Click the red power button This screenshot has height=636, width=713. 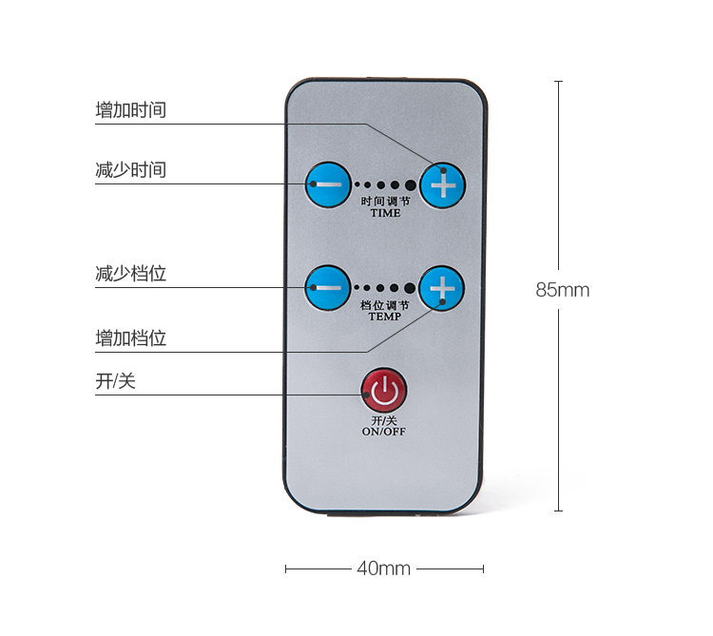(383, 390)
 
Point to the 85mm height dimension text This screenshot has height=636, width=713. (562, 290)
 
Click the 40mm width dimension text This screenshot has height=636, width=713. (383, 569)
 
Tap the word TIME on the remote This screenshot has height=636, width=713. (385, 213)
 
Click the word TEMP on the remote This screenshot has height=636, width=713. (385, 317)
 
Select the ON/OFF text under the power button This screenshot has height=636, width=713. (383, 431)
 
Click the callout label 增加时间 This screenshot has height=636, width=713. (131, 110)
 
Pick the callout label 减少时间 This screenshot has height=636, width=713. (131, 170)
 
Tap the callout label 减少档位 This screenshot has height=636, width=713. (131, 274)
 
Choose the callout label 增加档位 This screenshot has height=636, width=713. (131, 338)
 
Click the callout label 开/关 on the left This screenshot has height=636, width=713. (116, 381)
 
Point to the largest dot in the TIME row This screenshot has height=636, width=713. (410, 185)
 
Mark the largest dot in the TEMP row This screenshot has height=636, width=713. (410, 288)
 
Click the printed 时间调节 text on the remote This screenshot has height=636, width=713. (385, 202)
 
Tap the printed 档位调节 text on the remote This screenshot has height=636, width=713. (385, 305)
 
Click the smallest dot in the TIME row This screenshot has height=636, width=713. (357, 185)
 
